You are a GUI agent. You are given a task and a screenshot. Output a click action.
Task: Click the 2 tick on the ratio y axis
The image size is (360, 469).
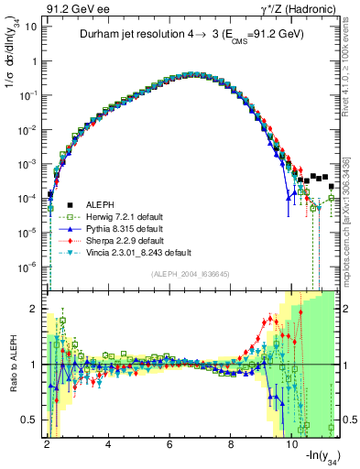32,308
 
